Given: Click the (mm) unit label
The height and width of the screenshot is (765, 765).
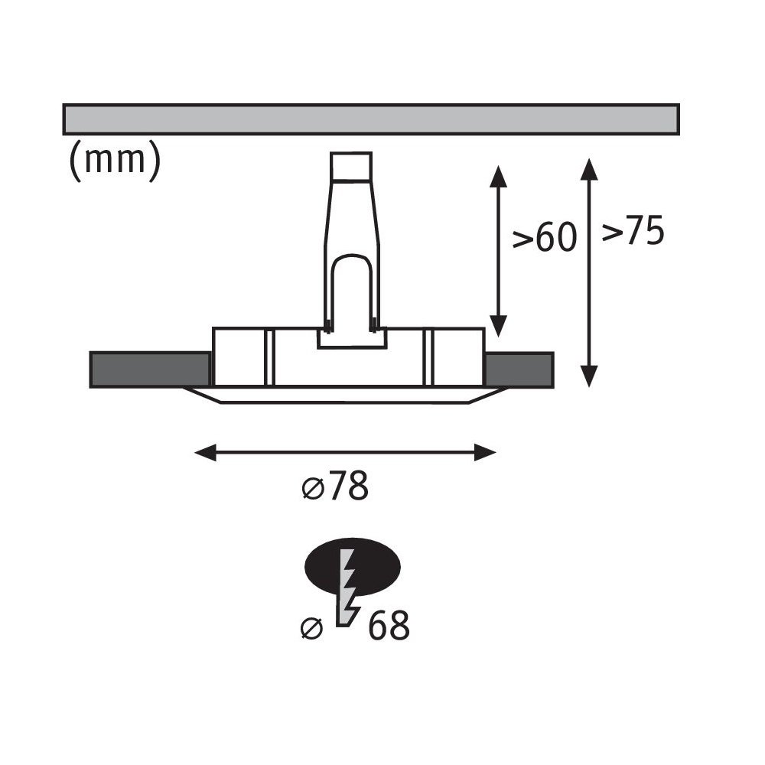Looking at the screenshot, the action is (x=116, y=160).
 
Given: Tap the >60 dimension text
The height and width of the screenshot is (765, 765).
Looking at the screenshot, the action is (x=545, y=238).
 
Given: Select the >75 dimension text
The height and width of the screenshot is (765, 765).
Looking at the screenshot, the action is (x=633, y=229).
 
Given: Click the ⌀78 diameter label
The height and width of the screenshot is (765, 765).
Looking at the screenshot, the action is (x=335, y=486).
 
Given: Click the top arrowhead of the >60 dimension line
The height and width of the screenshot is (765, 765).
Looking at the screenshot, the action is (x=498, y=176).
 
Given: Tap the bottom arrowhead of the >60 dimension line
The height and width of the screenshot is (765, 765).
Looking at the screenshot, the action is (x=498, y=326).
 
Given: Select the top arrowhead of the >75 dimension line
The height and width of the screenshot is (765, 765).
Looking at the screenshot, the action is (x=589, y=169).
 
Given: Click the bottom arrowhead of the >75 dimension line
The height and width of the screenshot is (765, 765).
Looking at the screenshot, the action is (x=589, y=376).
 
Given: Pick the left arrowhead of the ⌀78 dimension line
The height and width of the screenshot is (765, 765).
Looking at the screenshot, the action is (x=205, y=452).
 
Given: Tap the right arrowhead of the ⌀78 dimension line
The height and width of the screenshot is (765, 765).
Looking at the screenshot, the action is (x=485, y=452).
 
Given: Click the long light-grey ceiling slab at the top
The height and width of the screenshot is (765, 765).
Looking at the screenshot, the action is (x=371, y=119).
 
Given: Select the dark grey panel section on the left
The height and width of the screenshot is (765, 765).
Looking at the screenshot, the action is (x=150, y=369).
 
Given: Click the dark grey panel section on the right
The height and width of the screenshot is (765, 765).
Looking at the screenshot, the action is (x=519, y=369).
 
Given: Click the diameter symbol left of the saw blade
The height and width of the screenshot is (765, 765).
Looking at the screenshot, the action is (x=312, y=628).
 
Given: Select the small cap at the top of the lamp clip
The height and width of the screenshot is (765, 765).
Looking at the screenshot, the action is (x=351, y=167).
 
